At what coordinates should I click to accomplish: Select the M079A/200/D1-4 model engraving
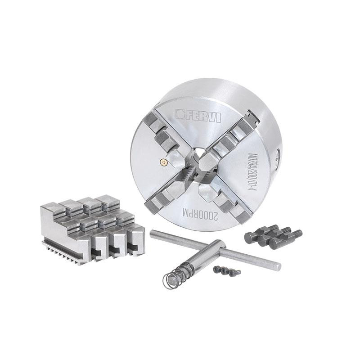(x=253, y=172)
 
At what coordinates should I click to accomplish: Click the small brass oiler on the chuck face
(x=164, y=162)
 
